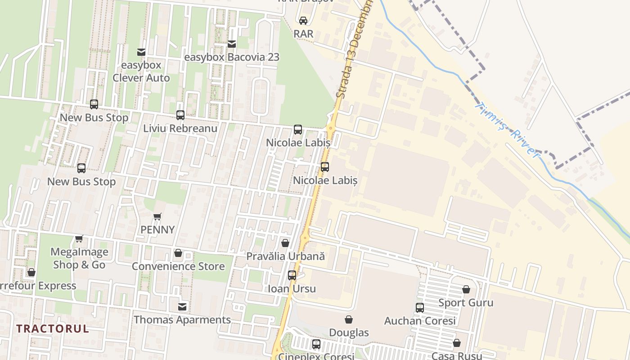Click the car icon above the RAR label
(303, 20)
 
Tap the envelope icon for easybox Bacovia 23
(232, 44)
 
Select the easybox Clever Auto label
(141, 72)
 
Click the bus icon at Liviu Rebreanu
(180, 115)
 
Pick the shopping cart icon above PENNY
(157, 217)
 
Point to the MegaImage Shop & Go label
(79, 258)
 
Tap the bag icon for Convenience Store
(178, 253)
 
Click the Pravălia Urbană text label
(285, 256)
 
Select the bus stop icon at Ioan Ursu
(292, 275)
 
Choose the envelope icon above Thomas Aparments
(182, 307)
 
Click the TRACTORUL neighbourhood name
(53, 328)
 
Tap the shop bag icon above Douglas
(349, 320)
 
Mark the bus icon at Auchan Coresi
(420, 308)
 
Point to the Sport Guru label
(466, 303)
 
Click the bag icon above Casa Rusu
(457, 343)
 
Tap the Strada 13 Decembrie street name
(355, 49)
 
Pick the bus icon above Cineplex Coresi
(316, 344)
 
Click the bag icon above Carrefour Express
(31, 273)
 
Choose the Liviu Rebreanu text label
(180, 128)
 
